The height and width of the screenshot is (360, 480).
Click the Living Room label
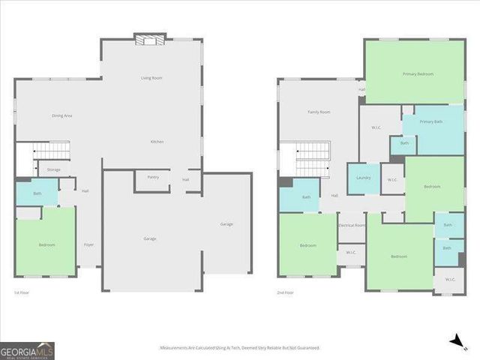(x=151, y=78)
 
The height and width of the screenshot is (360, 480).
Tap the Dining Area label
(x=61, y=115)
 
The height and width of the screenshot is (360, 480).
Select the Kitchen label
(x=157, y=142)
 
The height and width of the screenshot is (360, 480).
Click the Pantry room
(x=152, y=178)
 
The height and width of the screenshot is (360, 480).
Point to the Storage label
(x=54, y=170)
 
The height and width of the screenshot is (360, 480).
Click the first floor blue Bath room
(x=37, y=194)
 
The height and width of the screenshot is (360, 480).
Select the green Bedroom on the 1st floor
(x=46, y=245)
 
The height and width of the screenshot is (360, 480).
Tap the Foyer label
(x=88, y=245)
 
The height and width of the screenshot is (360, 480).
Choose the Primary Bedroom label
(x=415, y=74)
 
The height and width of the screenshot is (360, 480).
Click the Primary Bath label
(x=430, y=121)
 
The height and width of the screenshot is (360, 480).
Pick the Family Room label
(x=319, y=112)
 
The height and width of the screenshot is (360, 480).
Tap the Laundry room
(x=364, y=178)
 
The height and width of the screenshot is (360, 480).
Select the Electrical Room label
(x=352, y=225)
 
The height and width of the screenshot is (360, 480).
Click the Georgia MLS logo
(x=27, y=350)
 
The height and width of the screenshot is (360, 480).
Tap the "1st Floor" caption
(x=22, y=292)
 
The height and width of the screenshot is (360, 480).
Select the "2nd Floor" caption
(x=284, y=292)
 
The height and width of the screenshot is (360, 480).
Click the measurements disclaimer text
(x=239, y=348)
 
